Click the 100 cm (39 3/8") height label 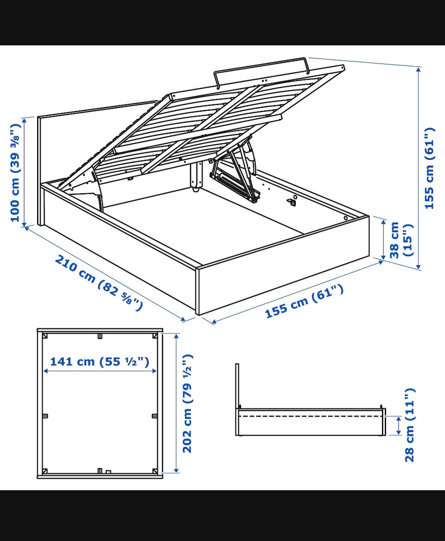[x=15, y=172]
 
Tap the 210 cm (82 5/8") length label [x=99, y=283]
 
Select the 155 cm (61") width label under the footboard [x=304, y=301]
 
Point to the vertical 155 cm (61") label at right [x=430, y=168]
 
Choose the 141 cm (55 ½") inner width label [x=100, y=361]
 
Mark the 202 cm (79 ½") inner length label [x=187, y=403]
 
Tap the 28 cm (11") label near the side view [x=410, y=425]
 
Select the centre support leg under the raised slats [x=196, y=177]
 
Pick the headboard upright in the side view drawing [x=237, y=399]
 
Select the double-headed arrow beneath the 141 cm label [x=100, y=371]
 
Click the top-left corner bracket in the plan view [x=44, y=336]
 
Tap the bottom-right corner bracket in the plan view [x=155, y=471]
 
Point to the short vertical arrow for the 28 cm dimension [x=399, y=426]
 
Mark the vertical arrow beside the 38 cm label [x=383, y=240]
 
